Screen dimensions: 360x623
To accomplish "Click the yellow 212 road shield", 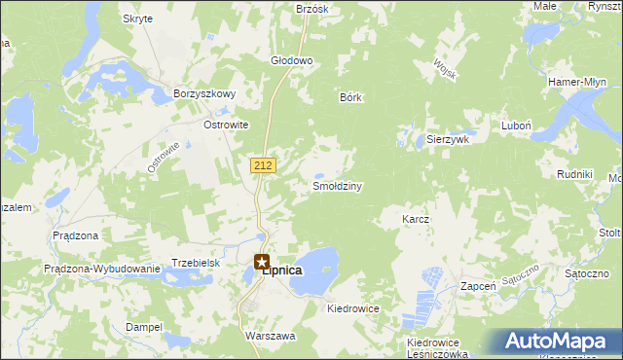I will [x=262, y=165].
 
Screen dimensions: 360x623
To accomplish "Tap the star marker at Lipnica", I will [x=262, y=261].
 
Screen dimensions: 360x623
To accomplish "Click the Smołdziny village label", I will [x=337, y=186].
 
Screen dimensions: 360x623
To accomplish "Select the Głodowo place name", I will [x=291, y=60].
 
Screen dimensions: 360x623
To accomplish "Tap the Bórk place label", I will [x=350, y=97].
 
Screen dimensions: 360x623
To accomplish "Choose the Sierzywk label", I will [x=449, y=139].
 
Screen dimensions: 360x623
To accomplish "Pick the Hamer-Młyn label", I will [x=578, y=82].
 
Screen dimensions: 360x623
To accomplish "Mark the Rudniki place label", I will [x=574, y=173].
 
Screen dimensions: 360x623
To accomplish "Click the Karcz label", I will [x=416, y=220].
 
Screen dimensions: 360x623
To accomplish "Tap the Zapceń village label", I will [x=479, y=287].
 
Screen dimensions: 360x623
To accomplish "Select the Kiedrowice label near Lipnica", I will [x=353, y=307].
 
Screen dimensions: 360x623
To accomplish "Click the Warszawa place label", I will [x=270, y=335].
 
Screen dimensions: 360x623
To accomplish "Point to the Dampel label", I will [x=143, y=327].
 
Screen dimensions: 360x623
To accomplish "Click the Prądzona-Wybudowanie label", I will [x=101, y=269].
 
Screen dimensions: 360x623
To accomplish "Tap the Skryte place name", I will [x=137, y=18].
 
